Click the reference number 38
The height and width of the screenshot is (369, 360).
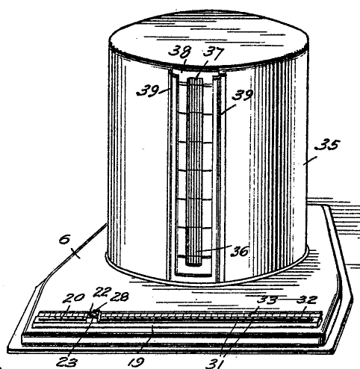[180, 52]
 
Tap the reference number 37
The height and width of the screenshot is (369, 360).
[214, 53]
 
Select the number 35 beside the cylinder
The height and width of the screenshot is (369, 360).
[327, 145]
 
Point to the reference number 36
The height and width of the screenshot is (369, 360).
[240, 251]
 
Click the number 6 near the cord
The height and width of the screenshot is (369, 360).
[64, 240]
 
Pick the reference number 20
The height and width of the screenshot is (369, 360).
[73, 298]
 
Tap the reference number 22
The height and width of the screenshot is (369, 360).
[102, 292]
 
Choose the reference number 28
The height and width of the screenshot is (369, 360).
[120, 297]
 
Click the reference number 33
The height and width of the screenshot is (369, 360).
[267, 300]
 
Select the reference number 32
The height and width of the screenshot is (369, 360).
[307, 300]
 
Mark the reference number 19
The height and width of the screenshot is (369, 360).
[136, 362]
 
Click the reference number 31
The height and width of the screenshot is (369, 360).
[214, 364]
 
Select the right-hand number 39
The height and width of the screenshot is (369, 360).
[242, 95]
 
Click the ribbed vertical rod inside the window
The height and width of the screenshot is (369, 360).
[194, 172]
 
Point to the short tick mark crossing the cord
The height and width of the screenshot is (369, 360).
[75, 253]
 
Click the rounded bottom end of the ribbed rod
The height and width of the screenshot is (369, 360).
[193, 264]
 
